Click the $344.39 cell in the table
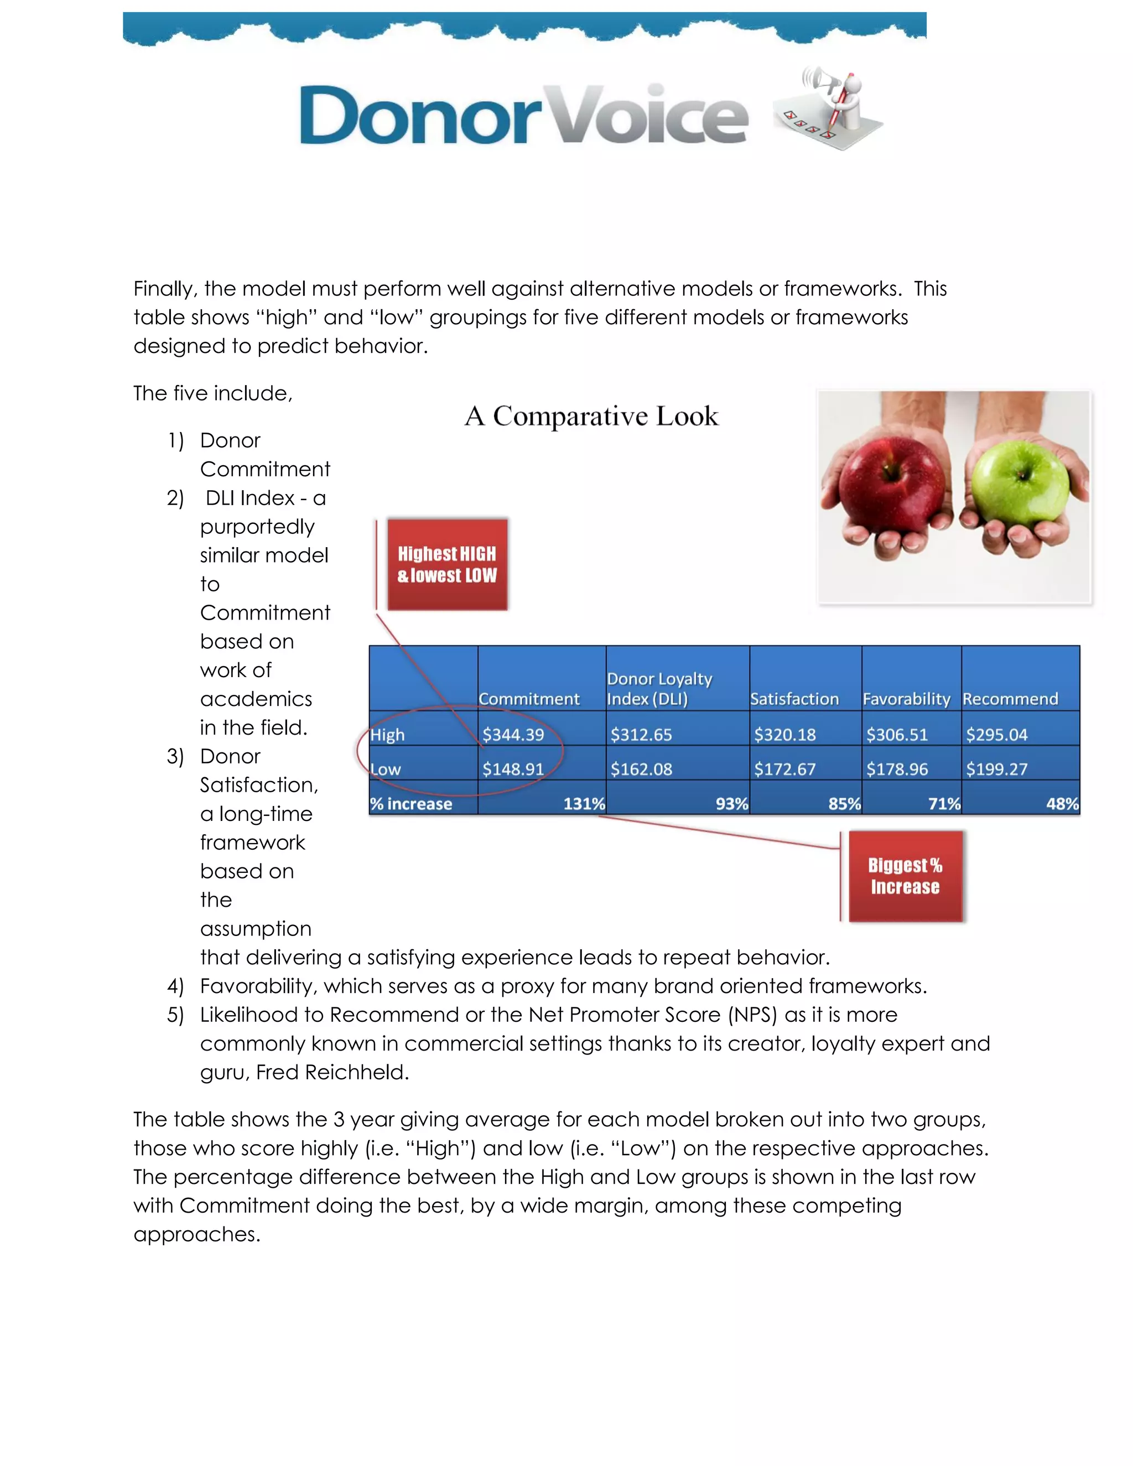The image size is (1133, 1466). (x=513, y=734)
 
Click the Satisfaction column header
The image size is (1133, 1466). (x=794, y=699)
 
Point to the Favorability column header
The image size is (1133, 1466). (x=906, y=699)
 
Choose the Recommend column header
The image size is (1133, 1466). (x=1010, y=699)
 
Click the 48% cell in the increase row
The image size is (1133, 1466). (x=1062, y=803)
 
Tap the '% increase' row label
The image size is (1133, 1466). (x=411, y=803)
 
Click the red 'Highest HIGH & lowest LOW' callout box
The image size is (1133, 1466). (x=447, y=564)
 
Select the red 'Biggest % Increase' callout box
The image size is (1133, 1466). (x=905, y=876)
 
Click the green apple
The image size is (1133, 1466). (x=1020, y=490)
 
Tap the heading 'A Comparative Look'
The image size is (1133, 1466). (x=591, y=416)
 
